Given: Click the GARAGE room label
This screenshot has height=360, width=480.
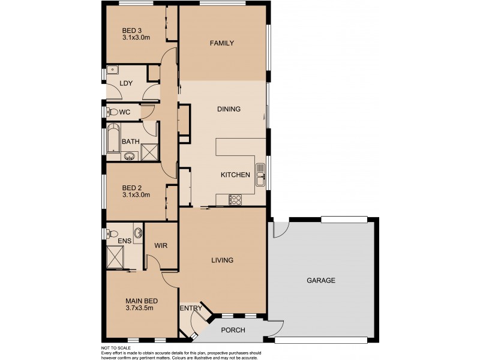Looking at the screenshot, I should (x=321, y=280).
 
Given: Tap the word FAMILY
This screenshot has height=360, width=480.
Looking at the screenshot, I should (x=221, y=43).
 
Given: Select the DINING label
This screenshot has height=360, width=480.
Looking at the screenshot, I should (x=229, y=109).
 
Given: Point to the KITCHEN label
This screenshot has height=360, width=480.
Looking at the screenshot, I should (x=235, y=175).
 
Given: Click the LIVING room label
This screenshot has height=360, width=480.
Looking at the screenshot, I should (x=221, y=260).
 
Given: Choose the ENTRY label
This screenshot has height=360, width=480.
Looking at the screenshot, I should (x=191, y=308).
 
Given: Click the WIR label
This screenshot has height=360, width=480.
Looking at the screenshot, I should (x=160, y=245).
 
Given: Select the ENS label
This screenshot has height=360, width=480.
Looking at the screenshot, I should (x=124, y=241).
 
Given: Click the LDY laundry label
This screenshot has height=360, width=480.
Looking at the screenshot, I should (x=126, y=84).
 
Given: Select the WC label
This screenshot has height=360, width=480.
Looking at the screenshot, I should (x=125, y=112).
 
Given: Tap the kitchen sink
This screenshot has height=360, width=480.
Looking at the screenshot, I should (x=261, y=175).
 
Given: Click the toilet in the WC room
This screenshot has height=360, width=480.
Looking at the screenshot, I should (x=111, y=112).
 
